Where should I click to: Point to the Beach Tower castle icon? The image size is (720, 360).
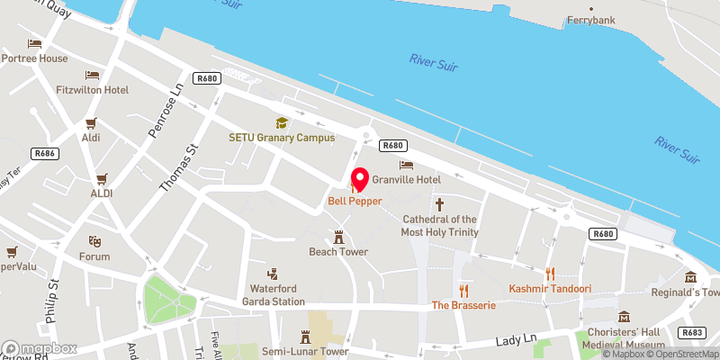tap(339, 237)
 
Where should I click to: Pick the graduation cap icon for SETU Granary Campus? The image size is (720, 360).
tap(281, 122)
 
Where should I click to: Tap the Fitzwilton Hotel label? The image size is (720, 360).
tap(92, 90)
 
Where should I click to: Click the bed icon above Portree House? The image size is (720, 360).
tap(34, 43)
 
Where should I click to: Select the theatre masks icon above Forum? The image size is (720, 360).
tap(93, 241)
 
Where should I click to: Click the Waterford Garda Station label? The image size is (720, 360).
tap(271, 294)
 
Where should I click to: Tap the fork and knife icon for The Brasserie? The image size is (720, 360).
tap(464, 290)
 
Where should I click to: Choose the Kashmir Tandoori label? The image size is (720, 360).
tap(549, 289)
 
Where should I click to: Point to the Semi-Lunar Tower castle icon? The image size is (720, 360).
tap(305, 336)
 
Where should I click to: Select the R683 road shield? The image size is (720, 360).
tap(693, 332)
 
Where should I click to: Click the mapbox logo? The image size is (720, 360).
tap(40, 348)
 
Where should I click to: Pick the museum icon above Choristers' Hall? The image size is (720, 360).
tap(625, 316)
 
